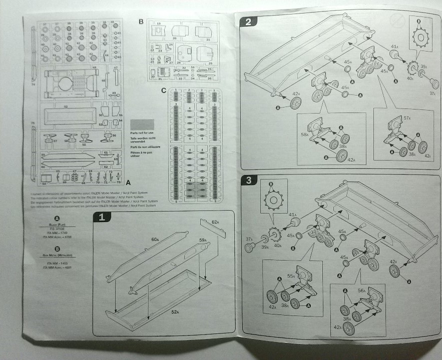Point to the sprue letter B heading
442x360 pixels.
[141, 21]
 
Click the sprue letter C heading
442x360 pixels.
[164, 90]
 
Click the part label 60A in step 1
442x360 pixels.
[155, 239]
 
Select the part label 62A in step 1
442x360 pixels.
[215, 221]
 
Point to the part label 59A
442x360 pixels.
[203, 240]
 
